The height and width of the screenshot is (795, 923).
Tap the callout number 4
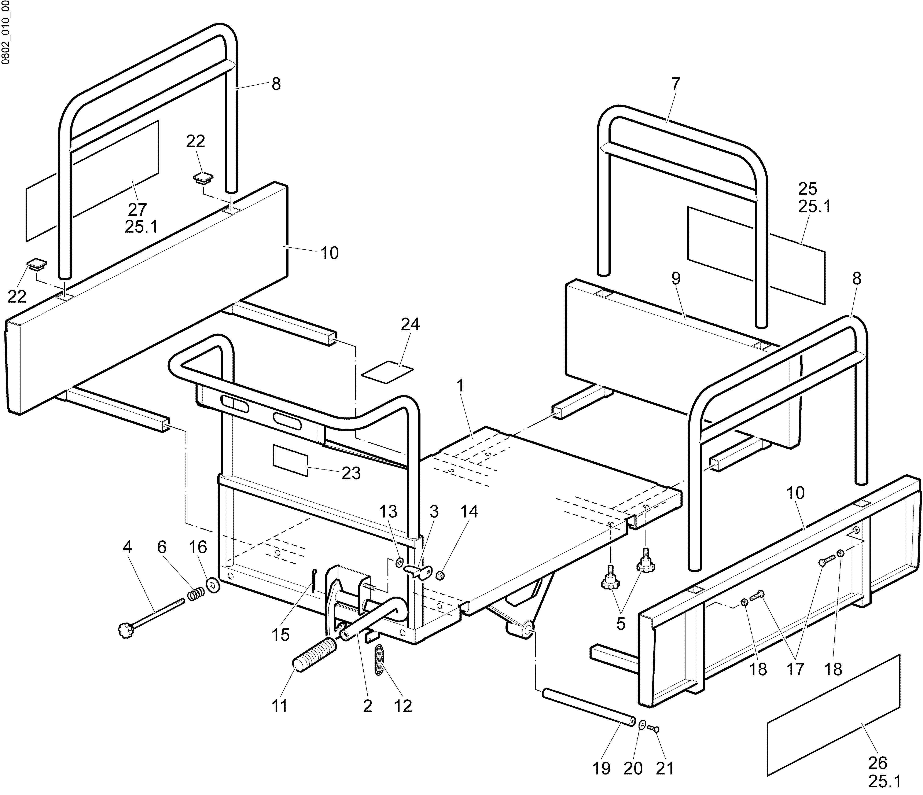(127, 547)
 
